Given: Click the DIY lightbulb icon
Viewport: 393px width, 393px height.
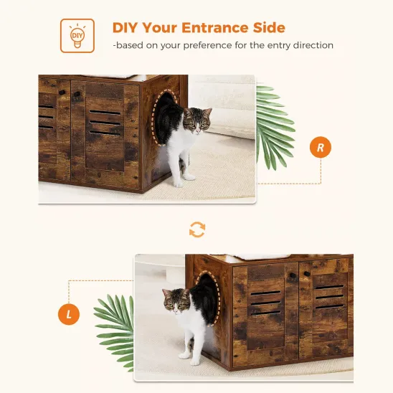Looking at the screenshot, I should [77, 35].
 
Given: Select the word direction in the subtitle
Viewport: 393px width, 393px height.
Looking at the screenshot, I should [309, 45].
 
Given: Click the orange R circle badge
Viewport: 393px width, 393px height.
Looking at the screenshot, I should [320, 148].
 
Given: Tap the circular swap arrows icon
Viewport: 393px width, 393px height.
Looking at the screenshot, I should [196, 229].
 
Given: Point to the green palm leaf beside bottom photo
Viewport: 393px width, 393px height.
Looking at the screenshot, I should [115, 323].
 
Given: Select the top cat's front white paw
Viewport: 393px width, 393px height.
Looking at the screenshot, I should [188, 175].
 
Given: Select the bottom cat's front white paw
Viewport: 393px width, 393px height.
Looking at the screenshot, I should [186, 354].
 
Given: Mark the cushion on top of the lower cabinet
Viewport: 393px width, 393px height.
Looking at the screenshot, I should [260, 257].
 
